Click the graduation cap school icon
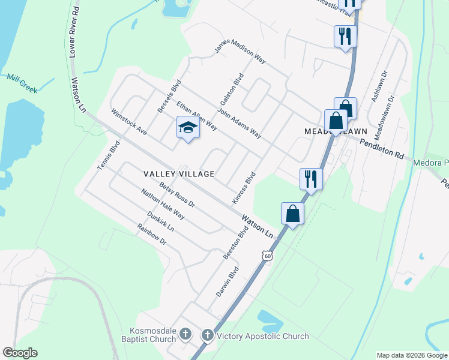[188, 127]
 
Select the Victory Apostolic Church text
[263, 337]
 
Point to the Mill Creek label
[22, 83]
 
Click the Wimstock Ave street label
[129, 121]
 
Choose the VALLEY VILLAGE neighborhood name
[179, 174]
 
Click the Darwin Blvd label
[228, 282]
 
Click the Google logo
[20, 353]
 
